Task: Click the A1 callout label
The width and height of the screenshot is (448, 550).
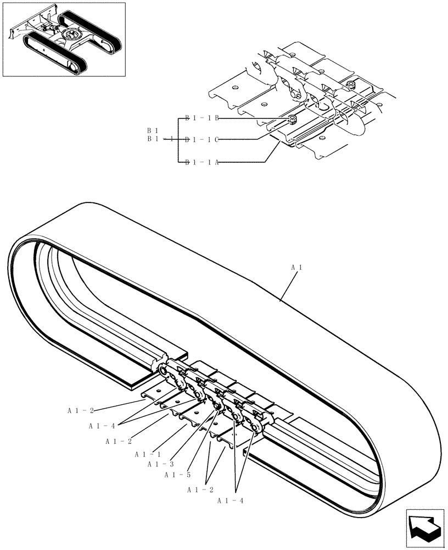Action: (297, 267)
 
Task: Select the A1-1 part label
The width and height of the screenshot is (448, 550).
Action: (148, 454)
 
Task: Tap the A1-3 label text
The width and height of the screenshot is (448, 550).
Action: (160, 464)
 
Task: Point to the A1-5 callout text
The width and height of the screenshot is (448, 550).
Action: (176, 475)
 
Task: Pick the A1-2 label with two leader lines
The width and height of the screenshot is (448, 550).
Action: (200, 489)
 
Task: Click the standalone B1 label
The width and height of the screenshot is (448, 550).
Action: (153, 131)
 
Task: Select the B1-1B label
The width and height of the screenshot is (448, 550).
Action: (202, 118)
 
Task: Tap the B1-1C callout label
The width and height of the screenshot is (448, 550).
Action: (202, 140)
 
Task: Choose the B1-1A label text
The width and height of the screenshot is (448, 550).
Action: (202, 162)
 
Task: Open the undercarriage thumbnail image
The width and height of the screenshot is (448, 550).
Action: (64, 39)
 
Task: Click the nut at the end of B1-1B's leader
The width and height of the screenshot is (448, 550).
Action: (293, 119)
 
